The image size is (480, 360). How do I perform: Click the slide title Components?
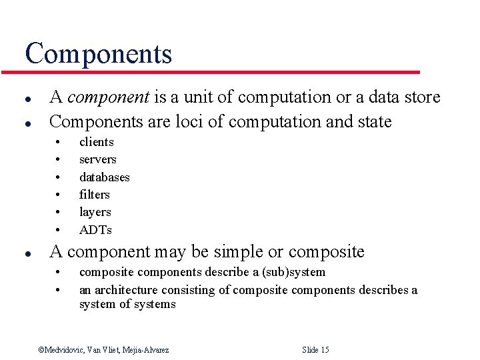click(x=98, y=53)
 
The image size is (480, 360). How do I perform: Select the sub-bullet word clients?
click(x=97, y=142)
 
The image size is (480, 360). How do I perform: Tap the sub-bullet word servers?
click(x=98, y=159)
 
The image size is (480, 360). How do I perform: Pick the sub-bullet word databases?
click(x=105, y=177)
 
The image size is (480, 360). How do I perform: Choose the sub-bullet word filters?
click(x=95, y=195)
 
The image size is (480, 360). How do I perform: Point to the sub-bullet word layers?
click(x=95, y=212)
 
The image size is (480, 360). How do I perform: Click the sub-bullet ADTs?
click(x=95, y=230)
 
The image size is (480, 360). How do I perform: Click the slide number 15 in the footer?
click(x=324, y=350)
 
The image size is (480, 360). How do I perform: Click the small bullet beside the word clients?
click(x=59, y=142)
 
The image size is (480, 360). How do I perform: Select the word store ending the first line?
click(x=423, y=97)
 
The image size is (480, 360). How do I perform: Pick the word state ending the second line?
click(x=374, y=121)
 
